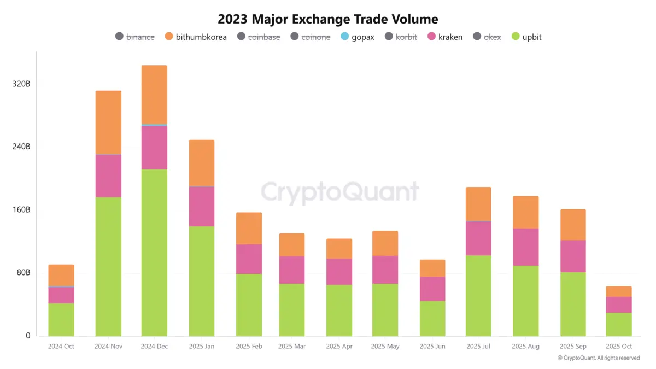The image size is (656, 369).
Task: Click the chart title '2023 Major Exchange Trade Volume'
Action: [327, 19]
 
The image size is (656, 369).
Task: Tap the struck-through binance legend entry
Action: [135, 37]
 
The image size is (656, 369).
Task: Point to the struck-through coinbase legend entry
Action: [259, 37]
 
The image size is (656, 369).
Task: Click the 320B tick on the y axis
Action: [21, 84]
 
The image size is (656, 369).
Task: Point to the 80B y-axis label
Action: [22, 273]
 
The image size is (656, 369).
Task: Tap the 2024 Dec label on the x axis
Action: [154, 347]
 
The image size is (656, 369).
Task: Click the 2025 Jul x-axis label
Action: [478, 347]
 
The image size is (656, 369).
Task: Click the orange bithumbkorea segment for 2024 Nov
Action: [108, 122]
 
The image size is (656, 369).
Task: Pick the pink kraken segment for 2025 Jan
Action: [202, 207]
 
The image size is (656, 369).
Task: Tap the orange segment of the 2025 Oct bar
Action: [619, 291]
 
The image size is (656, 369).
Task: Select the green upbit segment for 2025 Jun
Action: [432, 318]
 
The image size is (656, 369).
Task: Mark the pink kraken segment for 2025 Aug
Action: [525, 247]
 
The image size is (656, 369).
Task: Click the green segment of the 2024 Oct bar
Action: [61, 319]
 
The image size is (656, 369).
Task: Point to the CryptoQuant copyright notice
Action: [599, 358]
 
